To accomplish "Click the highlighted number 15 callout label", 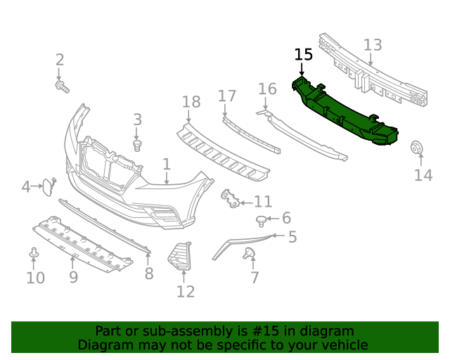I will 303,55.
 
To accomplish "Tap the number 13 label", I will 373,45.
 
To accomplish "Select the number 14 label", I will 423,175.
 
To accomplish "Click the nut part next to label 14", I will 416,148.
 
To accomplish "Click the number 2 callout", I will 60,60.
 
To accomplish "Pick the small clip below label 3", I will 138,145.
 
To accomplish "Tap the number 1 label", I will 167,165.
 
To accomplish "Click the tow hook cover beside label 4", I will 45,186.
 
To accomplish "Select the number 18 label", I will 191,103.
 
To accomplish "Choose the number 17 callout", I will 227,96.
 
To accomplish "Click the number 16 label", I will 267,89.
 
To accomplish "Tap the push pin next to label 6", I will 262,221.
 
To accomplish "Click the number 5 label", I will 292,238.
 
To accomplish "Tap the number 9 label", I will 73,278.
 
